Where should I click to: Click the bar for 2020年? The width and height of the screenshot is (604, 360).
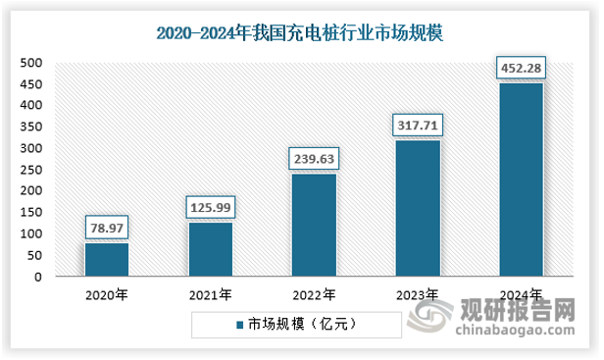click(106, 259)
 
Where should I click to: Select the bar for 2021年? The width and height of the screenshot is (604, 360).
click(210, 249)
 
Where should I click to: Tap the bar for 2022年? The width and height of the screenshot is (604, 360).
click(314, 225)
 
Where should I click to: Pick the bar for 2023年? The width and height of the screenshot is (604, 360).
click(418, 208)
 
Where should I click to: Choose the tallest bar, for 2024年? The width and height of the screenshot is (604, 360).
click(521, 180)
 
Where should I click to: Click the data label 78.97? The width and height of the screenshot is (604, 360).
click(106, 227)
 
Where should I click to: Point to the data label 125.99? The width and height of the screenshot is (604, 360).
click(210, 207)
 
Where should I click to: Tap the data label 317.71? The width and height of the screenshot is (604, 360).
click(418, 125)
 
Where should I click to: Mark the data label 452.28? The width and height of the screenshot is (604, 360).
click(521, 68)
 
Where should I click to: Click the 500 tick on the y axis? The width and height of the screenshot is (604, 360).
click(31, 63)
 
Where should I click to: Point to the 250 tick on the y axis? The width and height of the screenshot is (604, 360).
click(31, 170)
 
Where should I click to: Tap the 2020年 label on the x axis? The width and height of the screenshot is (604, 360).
click(106, 294)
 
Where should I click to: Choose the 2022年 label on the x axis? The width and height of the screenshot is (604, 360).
click(314, 294)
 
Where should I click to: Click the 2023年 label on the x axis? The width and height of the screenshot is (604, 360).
click(418, 294)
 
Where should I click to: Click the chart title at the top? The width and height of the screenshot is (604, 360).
click(300, 33)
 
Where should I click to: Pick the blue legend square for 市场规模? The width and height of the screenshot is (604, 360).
click(239, 323)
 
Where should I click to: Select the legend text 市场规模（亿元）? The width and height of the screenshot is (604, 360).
click(294, 323)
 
